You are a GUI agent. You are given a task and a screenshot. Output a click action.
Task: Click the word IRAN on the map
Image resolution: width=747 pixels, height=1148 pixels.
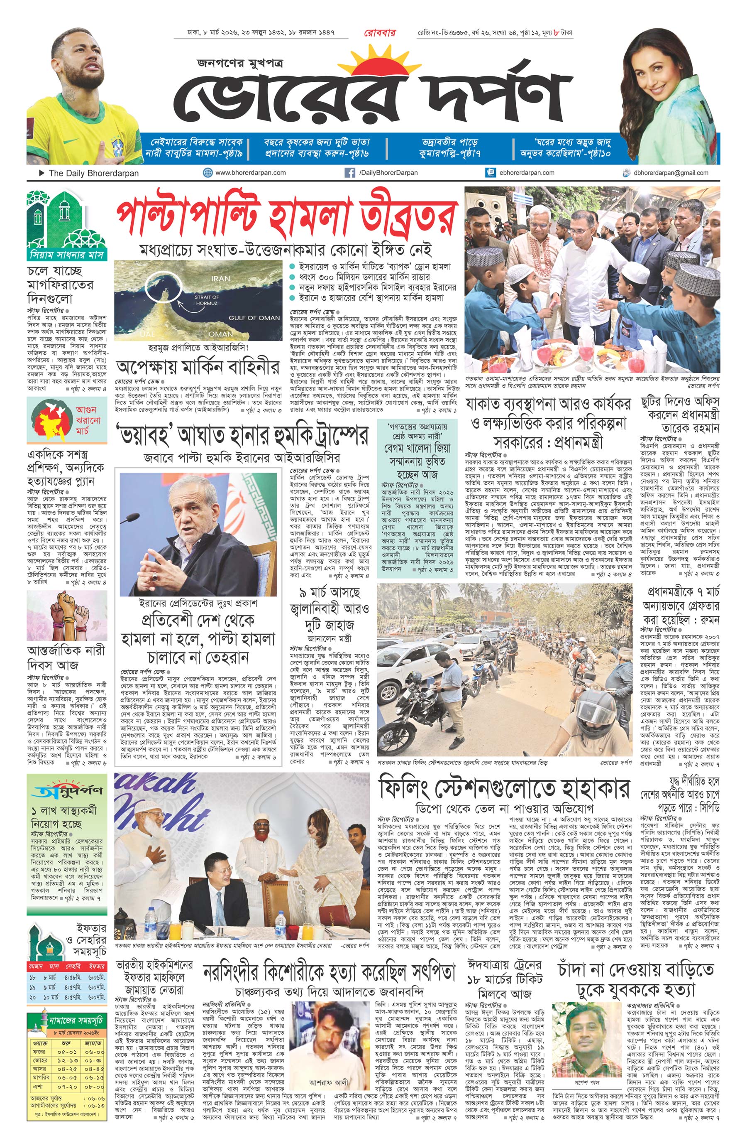pyautogui.click(x=220, y=278)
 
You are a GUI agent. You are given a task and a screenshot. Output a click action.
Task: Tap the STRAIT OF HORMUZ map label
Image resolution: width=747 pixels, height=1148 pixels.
pyautogui.click(x=207, y=300)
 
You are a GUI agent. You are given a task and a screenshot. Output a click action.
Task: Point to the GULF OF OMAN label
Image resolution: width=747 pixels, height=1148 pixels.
pyautogui.click(x=254, y=317)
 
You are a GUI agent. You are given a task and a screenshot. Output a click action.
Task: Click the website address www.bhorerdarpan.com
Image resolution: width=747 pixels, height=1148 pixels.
pyautogui.click(x=250, y=172)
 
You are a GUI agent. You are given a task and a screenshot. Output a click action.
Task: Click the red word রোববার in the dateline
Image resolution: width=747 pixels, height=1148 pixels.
pyautogui.click(x=379, y=33)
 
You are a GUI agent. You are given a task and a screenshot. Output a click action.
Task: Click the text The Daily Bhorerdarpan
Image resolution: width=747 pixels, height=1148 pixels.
pyautogui.click(x=93, y=173)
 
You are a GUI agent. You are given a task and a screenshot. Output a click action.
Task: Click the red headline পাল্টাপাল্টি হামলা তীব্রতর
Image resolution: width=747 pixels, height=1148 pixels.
pyautogui.click(x=287, y=218)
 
